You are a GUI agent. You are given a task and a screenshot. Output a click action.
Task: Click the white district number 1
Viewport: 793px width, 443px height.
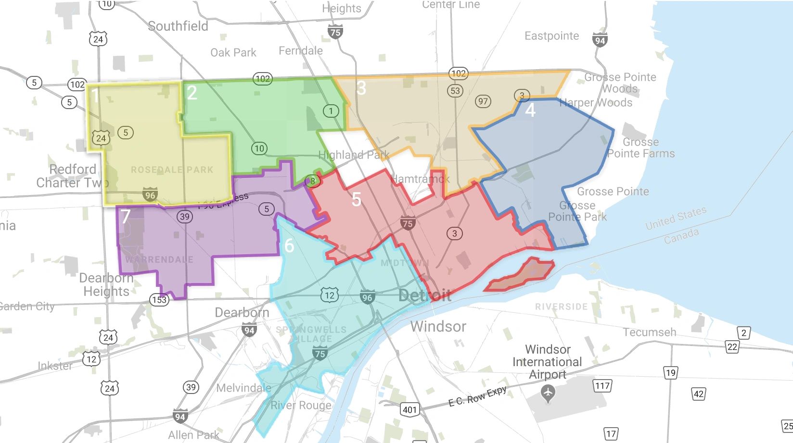click(95, 96)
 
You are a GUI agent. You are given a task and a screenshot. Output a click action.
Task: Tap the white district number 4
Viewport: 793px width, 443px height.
click(530, 110)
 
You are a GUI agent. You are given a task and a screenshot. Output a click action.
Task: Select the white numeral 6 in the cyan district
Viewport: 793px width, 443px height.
click(289, 246)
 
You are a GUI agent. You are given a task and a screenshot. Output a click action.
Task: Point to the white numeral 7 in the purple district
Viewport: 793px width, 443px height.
click(126, 216)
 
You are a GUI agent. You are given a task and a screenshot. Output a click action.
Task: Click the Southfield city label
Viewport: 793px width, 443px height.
click(178, 26)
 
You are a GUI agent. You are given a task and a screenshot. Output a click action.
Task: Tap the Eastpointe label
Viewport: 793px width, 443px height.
click(551, 36)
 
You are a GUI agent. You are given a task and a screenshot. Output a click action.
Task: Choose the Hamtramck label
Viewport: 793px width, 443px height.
click(420, 179)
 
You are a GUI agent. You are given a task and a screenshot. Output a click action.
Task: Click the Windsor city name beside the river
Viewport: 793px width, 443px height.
click(438, 327)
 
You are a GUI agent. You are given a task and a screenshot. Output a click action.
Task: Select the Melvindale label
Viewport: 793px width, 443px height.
click(243, 388)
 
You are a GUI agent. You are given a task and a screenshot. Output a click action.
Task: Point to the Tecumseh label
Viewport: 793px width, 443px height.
click(649, 332)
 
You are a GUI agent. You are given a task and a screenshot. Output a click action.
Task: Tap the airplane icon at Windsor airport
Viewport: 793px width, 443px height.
click(548, 394)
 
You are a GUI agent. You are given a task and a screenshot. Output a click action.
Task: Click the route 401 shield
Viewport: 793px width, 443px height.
click(409, 409)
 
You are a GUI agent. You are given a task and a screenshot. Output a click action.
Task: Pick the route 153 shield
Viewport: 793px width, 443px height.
click(159, 300)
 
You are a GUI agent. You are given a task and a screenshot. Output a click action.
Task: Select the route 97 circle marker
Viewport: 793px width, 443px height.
click(483, 101)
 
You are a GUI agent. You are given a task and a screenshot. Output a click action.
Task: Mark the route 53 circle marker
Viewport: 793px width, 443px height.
click(455, 90)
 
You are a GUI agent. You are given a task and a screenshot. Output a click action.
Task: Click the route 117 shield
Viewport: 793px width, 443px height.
click(602, 385)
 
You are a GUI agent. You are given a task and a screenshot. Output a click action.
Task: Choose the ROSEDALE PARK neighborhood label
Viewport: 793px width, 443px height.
click(172, 170)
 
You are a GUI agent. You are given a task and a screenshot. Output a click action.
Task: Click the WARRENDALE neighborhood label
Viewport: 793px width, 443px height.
click(159, 259)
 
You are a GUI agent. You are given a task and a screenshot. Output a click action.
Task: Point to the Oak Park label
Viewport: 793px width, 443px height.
click(233, 52)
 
